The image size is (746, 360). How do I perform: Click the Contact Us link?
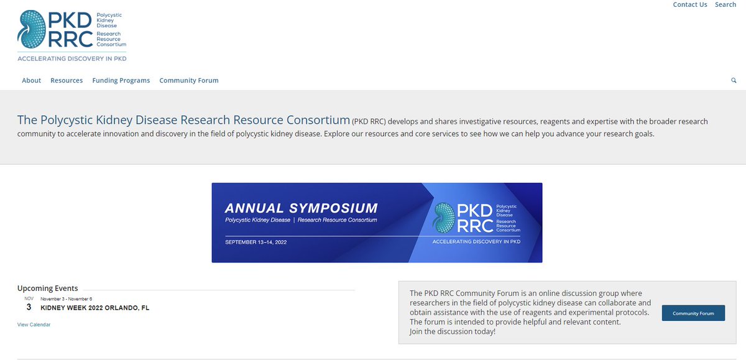click(x=689, y=4)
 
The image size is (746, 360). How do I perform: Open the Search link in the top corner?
click(x=725, y=4)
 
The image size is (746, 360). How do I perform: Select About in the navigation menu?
click(x=31, y=80)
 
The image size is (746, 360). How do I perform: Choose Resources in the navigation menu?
click(x=67, y=80)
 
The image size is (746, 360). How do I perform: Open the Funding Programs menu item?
click(x=121, y=80)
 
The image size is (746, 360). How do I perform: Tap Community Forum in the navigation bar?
click(x=189, y=80)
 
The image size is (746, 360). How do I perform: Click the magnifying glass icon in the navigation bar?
click(x=734, y=80)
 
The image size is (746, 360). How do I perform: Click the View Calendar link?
click(x=34, y=325)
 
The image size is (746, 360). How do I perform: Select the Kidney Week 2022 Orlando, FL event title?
click(x=95, y=308)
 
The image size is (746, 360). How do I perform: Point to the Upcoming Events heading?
click(x=48, y=288)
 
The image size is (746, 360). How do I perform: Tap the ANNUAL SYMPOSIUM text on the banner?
click(x=301, y=208)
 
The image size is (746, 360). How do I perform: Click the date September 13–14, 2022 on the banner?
click(x=256, y=241)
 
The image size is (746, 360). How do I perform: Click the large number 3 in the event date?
click(x=29, y=307)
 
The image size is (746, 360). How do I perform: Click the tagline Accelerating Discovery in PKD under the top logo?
click(x=72, y=58)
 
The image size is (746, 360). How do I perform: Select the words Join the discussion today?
click(x=453, y=331)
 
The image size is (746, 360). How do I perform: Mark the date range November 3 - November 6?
click(x=67, y=298)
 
